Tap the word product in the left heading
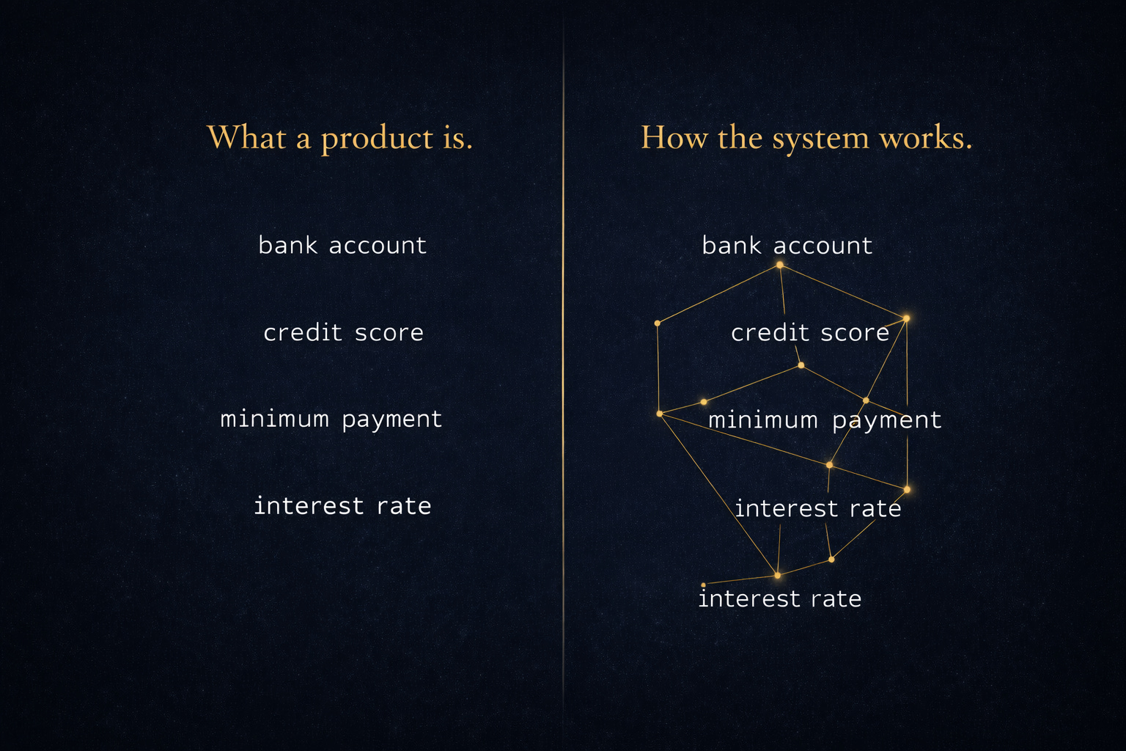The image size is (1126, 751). point(378,139)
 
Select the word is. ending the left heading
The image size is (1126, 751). point(457,138)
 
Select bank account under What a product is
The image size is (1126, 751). point(342,245)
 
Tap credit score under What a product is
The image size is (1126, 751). point(343,333)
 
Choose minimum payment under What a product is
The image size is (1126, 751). point(331,420)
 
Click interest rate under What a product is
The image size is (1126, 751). point(342,506)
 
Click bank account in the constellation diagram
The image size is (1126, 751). point(787,246)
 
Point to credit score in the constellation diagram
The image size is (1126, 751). point(809,333)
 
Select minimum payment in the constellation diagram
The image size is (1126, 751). point(824,420)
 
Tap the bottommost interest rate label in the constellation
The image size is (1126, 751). point(779,599)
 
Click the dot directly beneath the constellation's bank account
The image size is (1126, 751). point(779,265)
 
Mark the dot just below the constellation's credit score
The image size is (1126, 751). point(801,365)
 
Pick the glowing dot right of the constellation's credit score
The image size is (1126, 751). point(906,318)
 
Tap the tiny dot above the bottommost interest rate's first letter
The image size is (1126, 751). point(703,585)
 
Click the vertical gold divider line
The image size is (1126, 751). point(563,367)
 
